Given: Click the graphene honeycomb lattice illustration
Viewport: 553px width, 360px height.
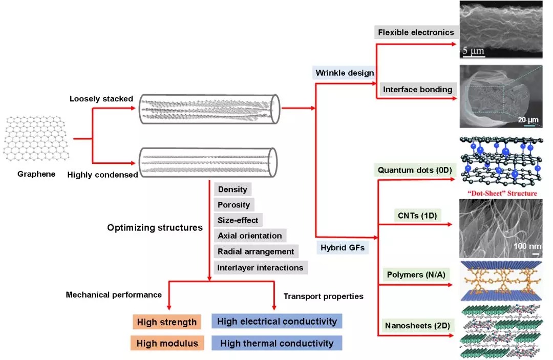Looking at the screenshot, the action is [36, 138].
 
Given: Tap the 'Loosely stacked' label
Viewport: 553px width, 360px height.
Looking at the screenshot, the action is [101, 99].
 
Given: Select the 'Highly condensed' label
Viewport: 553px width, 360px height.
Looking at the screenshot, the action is [102, 175].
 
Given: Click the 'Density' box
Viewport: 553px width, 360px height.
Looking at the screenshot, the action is [232, 189].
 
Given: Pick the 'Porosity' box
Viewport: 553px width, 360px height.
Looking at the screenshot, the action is [234, 205].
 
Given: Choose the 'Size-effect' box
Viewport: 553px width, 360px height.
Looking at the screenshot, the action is [238, 220].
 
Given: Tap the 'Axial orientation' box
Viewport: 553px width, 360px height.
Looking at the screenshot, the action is [250, 236].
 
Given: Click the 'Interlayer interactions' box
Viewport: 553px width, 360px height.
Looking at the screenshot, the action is [261, 268].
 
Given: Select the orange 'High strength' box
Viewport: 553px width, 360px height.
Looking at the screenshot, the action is [167, 322].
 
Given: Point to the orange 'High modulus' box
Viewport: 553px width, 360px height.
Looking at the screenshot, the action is [167, 343].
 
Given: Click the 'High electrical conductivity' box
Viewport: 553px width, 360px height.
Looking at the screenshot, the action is [277, 321].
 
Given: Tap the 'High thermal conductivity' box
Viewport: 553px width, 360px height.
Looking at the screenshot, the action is [277, 343].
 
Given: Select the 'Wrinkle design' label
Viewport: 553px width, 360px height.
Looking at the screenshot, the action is [344, 73].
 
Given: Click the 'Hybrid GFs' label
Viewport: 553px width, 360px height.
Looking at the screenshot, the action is [343, 247].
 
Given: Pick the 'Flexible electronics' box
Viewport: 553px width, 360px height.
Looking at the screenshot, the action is [416, 32].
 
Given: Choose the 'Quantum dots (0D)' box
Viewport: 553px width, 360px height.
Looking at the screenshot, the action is [415, 170].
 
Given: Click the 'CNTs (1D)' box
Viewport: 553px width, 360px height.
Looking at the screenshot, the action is [417, 216].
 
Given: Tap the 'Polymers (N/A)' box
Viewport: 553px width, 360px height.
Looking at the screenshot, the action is [416, 274].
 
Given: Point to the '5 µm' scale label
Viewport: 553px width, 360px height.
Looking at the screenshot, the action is [473, 51].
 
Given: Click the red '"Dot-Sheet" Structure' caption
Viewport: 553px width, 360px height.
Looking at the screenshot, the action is [502, 193].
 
